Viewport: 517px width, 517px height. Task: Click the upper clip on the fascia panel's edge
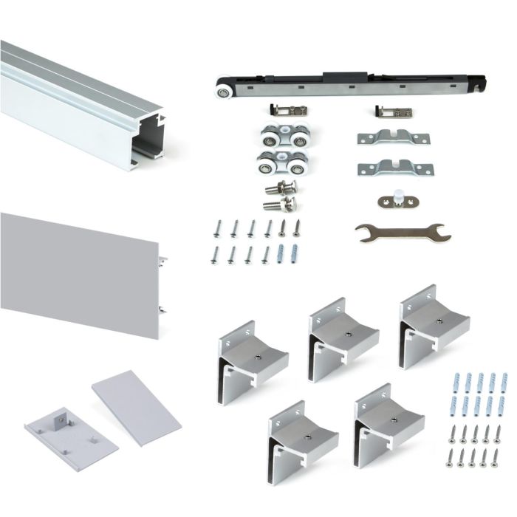(162, 260)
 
